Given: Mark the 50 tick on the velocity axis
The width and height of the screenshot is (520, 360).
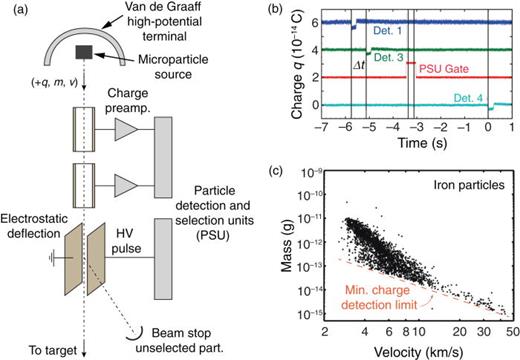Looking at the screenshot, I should coord(511,330).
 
